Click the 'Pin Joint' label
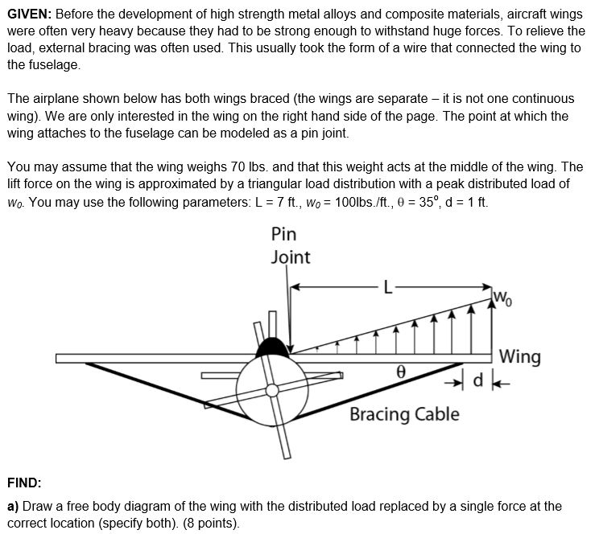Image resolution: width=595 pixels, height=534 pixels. pyautogui.click(x=289, y=245)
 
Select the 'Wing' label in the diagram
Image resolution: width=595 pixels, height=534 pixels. pyautogui.click(x=519, y=355)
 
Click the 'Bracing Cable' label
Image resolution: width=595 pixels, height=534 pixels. pyautogui.click(x=404, y=414)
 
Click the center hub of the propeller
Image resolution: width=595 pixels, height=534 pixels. pyautogui.click(x=275, y=390)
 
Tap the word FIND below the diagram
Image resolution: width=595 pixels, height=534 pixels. pyautogui.click(x=24, y=483)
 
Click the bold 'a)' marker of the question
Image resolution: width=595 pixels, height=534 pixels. pyautogui.click(x=13, y=507)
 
